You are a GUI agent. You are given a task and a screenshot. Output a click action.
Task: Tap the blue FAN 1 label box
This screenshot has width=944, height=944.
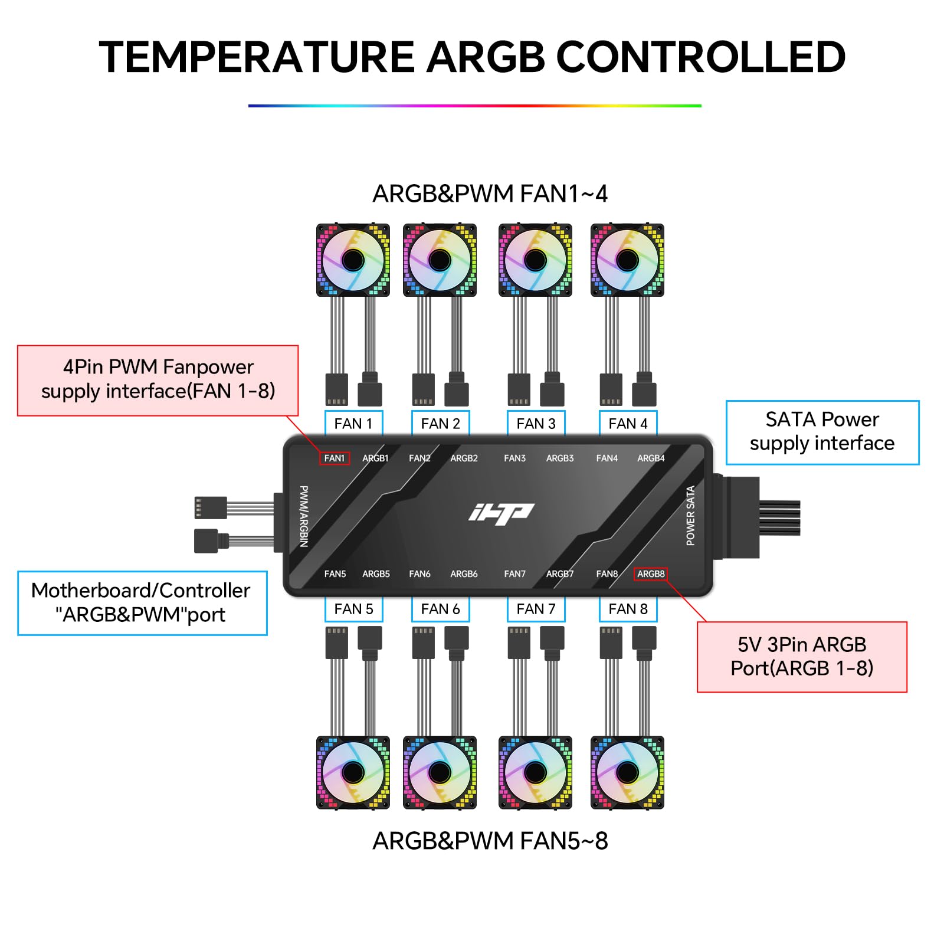tap(353, 424)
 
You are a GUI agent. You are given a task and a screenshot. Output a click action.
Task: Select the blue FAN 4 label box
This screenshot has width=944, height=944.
tap(628, 424)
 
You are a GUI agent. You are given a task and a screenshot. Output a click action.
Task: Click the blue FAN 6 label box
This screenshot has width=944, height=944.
tap(440, 609)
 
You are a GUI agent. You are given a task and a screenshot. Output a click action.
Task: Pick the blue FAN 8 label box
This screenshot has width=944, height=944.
tap(628, 609)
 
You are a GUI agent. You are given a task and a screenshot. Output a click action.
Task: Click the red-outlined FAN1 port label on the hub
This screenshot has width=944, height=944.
tap(335, 458)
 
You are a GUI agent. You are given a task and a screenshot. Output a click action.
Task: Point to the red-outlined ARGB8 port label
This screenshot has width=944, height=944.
tap(650, 573)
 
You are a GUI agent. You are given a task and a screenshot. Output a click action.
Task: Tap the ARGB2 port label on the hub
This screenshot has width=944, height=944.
tap(464, 458)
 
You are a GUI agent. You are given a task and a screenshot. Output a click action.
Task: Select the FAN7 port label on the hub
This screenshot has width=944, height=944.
tap(514, 573)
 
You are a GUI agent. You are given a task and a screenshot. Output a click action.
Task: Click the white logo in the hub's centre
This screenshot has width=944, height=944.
tap(501, 514)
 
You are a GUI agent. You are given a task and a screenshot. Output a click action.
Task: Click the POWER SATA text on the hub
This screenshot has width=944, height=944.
tap(690, 516)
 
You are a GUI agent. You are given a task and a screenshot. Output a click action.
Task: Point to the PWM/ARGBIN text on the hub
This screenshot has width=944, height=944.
tap(304, 516)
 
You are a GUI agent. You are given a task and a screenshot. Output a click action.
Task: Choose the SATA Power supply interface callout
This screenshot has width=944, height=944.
tap(822, 432)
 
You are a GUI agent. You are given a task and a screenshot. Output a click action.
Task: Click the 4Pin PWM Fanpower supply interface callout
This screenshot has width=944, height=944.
tap(158, 380)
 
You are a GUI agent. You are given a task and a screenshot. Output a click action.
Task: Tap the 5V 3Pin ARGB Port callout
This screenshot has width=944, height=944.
tap(801, 657)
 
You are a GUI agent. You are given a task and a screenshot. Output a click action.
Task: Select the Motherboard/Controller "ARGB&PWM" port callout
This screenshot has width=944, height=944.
tap(142, 602)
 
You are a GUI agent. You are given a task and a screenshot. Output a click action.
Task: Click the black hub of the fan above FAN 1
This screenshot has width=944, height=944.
tap(353, 260)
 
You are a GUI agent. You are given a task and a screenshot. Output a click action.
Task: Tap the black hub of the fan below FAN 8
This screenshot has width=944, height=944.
tap(627, 772)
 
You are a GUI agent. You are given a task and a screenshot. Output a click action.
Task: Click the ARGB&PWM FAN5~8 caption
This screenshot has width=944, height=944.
tap(490, 841)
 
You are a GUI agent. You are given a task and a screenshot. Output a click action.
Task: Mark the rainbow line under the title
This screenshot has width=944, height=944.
tap(474, 106)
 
